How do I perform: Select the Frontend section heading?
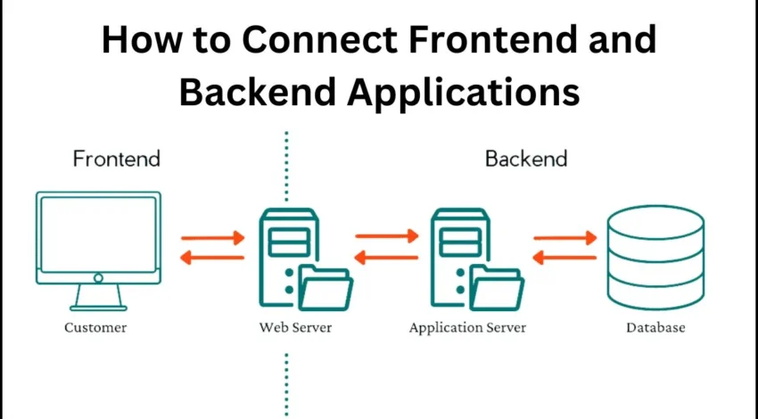coord(117,160)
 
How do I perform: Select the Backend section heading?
coord(526,160)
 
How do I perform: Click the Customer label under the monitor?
coord(95,327)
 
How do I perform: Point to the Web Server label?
coord(295,327)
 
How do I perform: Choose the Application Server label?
coord(467,327)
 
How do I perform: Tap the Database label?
coord(655,327)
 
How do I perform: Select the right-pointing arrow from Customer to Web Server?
coord(212,238)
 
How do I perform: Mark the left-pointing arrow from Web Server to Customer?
coord(212,258)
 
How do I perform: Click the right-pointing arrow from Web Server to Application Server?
coord(386,237)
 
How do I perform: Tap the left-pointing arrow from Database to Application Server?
coord(564,258)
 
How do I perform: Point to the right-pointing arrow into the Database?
coord(564,238)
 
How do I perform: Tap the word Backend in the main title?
coord(252,92)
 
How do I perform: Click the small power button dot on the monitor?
coord(98,278)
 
